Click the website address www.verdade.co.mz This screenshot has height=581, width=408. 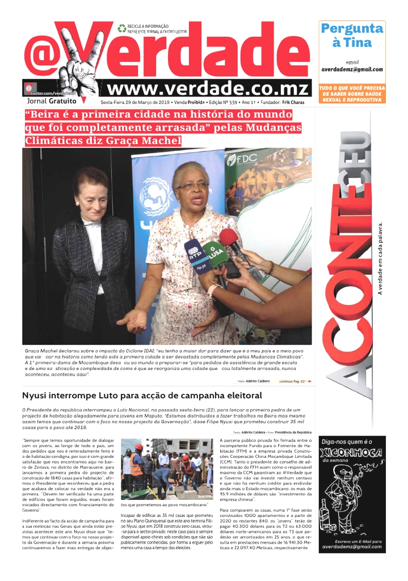(x=208, y=90)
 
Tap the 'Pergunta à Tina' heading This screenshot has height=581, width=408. (x=352, y=35)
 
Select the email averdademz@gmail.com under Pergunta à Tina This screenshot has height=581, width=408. (x=352, y=69)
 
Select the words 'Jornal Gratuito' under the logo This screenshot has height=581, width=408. (x=52, y=101)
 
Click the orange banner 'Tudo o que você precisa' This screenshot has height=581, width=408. (x=352, y=94)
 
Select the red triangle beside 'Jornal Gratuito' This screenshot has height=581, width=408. (x=84, y=100)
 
